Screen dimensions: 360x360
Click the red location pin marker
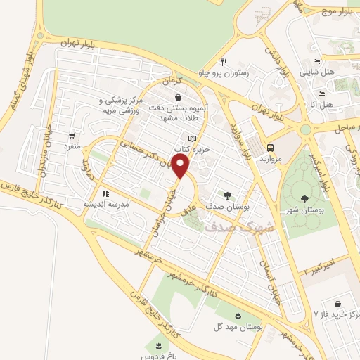point(181,167)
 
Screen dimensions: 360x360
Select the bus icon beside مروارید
point(271,148)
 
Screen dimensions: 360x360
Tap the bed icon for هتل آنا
point(322,94)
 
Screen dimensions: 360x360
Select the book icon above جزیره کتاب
point(192,139)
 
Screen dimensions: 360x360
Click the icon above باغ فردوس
point(159,344)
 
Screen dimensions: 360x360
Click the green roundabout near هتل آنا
point(305,129)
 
